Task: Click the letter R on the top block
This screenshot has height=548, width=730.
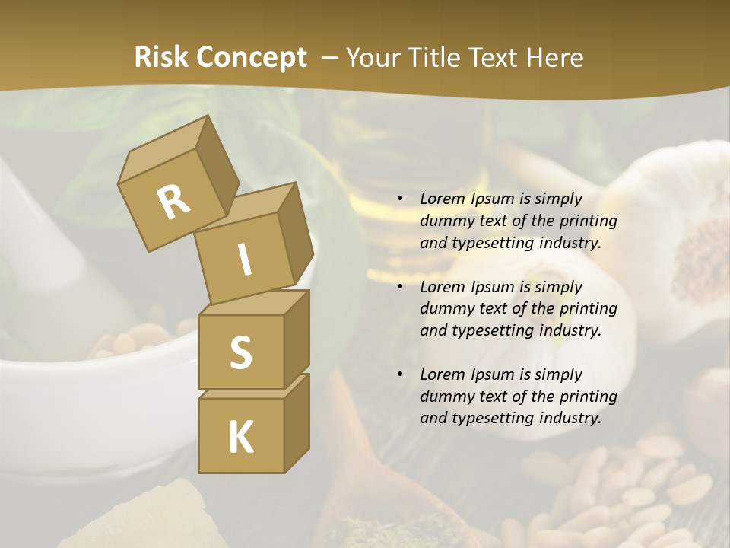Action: click(x=173, y=202)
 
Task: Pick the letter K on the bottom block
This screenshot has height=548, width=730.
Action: click(x=240, y=437)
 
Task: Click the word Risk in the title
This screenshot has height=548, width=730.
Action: click(x=162, y=58)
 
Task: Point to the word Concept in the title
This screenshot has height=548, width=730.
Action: click(x=252, y=58)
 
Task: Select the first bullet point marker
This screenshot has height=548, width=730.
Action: click(x=401, y=199)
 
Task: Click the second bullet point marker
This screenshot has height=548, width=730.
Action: click(x=401, y=288)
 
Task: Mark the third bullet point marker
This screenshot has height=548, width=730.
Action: click(x=401, y=375)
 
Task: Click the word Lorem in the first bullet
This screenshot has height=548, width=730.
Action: click(x=442, y=199)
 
